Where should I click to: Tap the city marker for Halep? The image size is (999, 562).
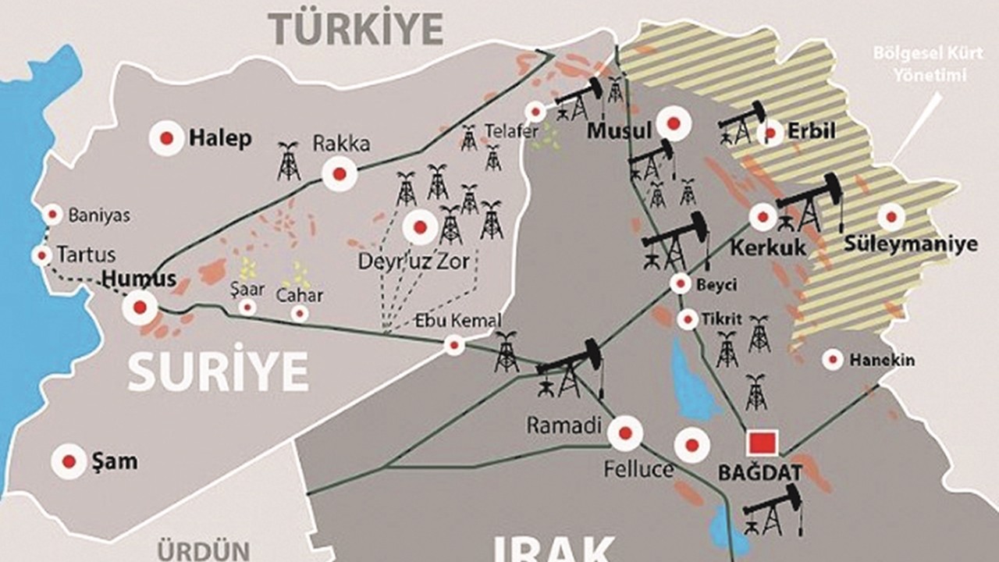(166, 139)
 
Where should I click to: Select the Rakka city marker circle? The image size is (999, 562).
(340, 174)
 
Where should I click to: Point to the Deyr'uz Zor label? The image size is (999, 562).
(413, 261)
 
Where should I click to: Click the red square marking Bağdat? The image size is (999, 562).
(762, 443)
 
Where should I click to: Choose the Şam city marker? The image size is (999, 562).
(69, 461)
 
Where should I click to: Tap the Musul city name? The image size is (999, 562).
(619, 131)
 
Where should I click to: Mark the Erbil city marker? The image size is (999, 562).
(770, 133)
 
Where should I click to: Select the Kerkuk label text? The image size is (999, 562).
(768, 248)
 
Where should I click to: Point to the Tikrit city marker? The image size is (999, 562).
(688, 319)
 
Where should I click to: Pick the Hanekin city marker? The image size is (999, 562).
(833, 360)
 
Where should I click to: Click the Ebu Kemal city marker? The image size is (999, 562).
(454, 345)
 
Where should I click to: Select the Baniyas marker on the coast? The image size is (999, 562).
(53, 215)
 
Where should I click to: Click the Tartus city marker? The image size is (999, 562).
(42, 255)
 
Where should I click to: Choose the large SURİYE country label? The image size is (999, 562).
(218, 372)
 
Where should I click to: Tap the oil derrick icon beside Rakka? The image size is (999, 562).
(289, 161)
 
